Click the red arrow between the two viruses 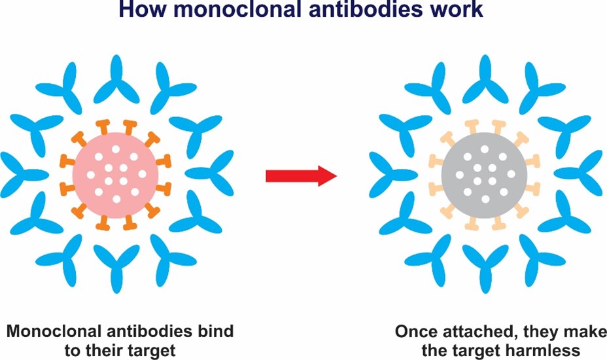point(300,175)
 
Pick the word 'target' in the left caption point(151,350)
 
